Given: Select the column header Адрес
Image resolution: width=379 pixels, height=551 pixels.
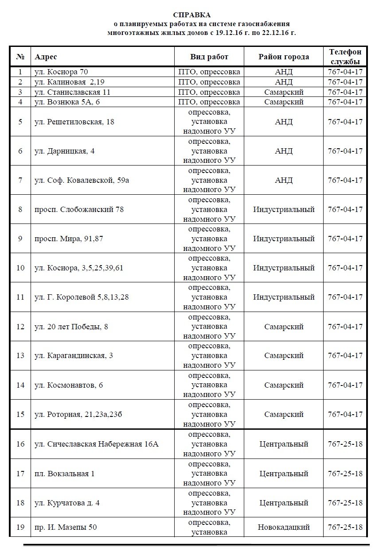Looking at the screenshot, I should coord(46,57).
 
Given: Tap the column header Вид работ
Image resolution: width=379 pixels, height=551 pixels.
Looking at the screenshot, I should coord(209,57).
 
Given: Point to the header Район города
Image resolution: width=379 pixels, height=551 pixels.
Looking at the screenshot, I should coord(284,57).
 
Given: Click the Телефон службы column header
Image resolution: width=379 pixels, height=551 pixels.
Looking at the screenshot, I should coord(345,57).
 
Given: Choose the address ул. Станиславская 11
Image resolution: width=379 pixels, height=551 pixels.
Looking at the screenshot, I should coord(72,92).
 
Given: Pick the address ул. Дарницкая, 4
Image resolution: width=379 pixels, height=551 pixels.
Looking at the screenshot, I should coord(64,151).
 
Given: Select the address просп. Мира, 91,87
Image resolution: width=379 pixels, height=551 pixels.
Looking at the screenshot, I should coord(69,239).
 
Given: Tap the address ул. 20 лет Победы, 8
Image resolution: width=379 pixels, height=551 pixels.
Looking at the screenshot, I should coord(71,327).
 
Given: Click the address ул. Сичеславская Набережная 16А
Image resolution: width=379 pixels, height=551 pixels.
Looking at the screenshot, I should coord(96,444).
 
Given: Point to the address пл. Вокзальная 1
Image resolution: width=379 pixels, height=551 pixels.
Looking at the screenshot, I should coord(64,474).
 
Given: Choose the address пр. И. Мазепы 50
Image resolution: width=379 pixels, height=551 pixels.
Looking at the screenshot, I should coord(66,527).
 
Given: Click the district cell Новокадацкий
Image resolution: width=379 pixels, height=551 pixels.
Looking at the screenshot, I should coord(284,527).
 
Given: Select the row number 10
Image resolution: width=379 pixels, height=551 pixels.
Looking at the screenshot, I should coord(20,268).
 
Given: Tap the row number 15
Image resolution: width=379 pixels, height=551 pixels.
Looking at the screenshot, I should coord(20,414).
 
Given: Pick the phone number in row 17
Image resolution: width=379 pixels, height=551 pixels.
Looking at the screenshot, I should coord(345,474).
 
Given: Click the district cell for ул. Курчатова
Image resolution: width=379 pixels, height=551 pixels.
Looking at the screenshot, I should coord(284,503).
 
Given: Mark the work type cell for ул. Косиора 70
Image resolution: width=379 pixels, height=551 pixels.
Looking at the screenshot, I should coord(209,72).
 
